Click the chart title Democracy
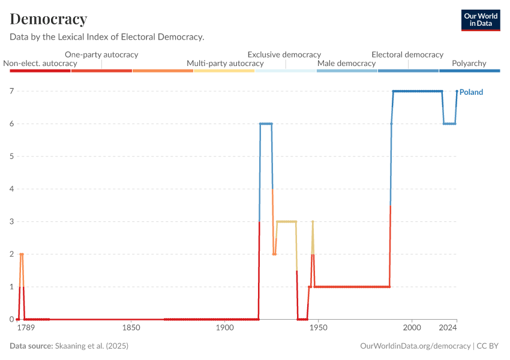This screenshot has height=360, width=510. pyautogui.click(x=49, y=19)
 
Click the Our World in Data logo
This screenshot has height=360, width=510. pyautogui.click(x=480, y=20)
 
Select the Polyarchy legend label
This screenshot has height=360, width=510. pyautogui.click(x=469, y=63)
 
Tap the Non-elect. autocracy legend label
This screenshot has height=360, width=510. pyautogui.click(x=40, y=63)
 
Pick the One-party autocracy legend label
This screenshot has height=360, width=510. pyautogui.click(x=101, y=54)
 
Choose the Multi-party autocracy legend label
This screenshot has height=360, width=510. pyautogui.click(x=225, y=63)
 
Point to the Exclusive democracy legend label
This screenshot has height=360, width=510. pyautogui.click(x=284, y=54)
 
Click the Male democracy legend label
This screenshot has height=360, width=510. pyautogui.click(x=346, y=63)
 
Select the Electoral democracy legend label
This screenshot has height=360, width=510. pyautogui.click(x=407, y=54)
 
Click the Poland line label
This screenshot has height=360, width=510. pyautogui.click(x=471, y=92)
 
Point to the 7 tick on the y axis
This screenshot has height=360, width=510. pyautogui.click(x=11, y=91)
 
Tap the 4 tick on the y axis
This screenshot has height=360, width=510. pyautogui.click(x=11, y=189)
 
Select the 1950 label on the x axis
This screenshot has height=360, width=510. pyautogui.click(x=318, y=329)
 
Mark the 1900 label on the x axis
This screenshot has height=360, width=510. pyautogui.click(x=224, y=329)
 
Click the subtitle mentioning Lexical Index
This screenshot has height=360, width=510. pyautogui.click(x=107, y=37)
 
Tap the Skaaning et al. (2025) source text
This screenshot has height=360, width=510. pyautogui.click(x=92, y=346)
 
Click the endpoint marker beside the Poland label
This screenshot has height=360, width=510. pyautogui.click(x=457, y=91)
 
